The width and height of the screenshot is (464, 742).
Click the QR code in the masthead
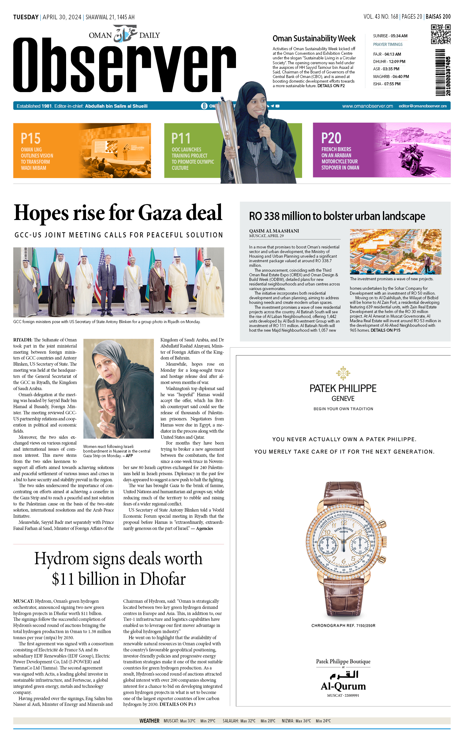click(440, 34)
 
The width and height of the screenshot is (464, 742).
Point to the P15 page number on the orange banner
click(30, 139)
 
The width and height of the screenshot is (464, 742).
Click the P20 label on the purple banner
click(331, 138)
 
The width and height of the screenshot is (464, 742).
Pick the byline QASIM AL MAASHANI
click(274, 231)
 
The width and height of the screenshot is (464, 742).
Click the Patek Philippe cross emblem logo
click(343, 373)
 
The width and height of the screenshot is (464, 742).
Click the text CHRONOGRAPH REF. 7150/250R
click(343, 625)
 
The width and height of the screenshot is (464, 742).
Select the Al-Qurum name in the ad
click(343, 686)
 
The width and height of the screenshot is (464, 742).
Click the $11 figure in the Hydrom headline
click(63, 579)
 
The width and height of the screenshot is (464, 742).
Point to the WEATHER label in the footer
click(149, 721)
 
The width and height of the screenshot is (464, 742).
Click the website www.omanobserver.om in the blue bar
click(367, 106)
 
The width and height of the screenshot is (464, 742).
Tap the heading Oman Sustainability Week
click(314, 39)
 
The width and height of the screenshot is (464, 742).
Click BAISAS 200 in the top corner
click(438, 17)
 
